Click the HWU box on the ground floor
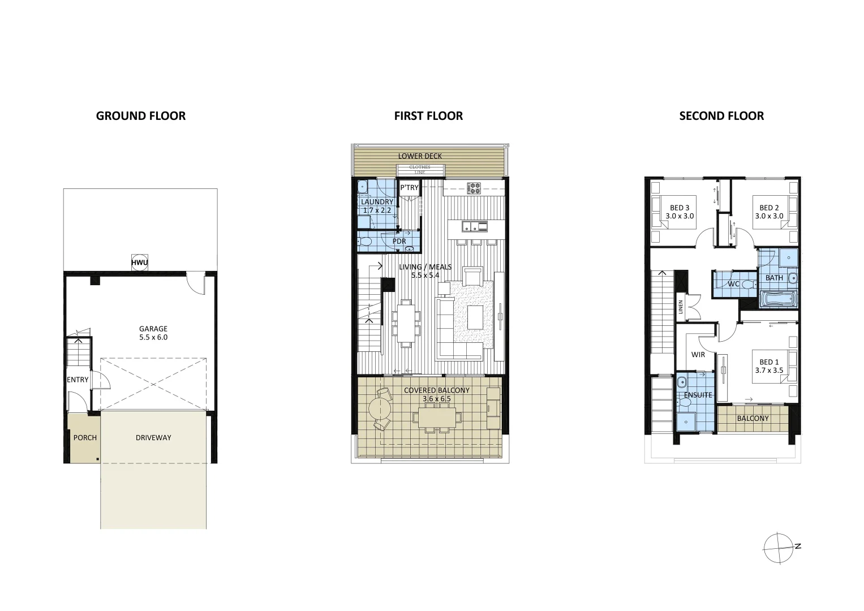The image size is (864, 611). click(139, 263)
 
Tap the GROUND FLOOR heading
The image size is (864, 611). click(141, 116)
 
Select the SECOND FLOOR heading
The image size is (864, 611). click(721, 116)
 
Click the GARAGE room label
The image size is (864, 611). click(153, 329)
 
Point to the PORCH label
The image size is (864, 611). click(85, 437)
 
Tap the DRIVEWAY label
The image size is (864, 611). click(153, 437)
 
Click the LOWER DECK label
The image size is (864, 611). click(420, 156)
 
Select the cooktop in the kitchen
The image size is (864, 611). click(474, 187)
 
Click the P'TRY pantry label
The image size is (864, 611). click(409, 188)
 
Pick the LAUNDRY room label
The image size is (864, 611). click(377, 202)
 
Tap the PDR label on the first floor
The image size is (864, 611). click(399, 242)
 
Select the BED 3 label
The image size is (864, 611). click(680, 208)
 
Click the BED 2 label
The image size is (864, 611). click(770, 208)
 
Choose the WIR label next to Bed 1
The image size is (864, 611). click(698, 355)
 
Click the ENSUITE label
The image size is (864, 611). click(698, 395)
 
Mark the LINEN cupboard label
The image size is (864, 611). click(681, 307)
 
